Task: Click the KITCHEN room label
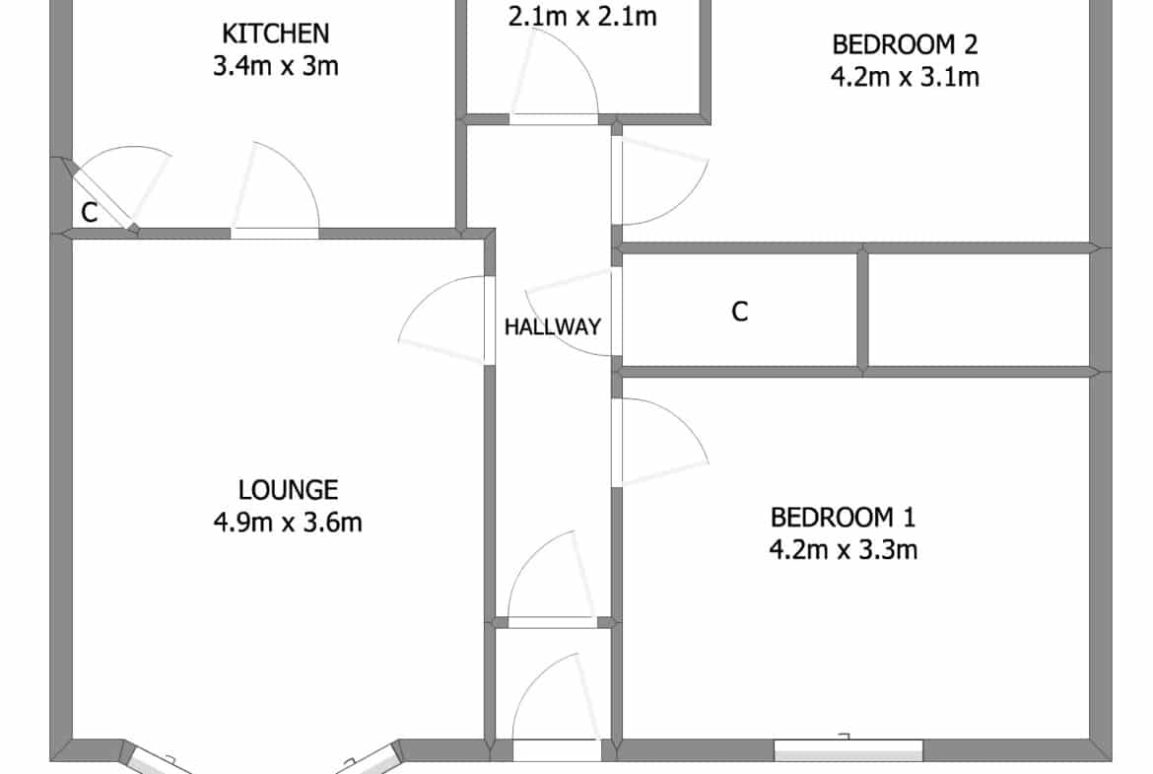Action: click(x=275, y=34)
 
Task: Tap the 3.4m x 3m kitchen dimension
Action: click(x=276, y=66)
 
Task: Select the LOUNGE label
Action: click(x=288, y=490)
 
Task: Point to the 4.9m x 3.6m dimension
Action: click(x=288, y=523)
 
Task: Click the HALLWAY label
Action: click(x=553, y=326)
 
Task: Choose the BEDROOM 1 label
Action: click(x=843, y=518)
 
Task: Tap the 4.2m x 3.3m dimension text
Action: click(x=844, y=549)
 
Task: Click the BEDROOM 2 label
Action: click(x=905, y=45)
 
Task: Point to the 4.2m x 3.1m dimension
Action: click(x=906, y=77)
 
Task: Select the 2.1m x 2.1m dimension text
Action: click(x=582, y=17)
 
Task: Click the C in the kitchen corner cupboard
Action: click(x=89, y=213)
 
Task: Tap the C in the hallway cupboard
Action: click(x=740, y=312)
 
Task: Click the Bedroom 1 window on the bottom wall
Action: click(x=848, y=749)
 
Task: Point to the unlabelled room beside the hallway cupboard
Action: click(x=979, y=311)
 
